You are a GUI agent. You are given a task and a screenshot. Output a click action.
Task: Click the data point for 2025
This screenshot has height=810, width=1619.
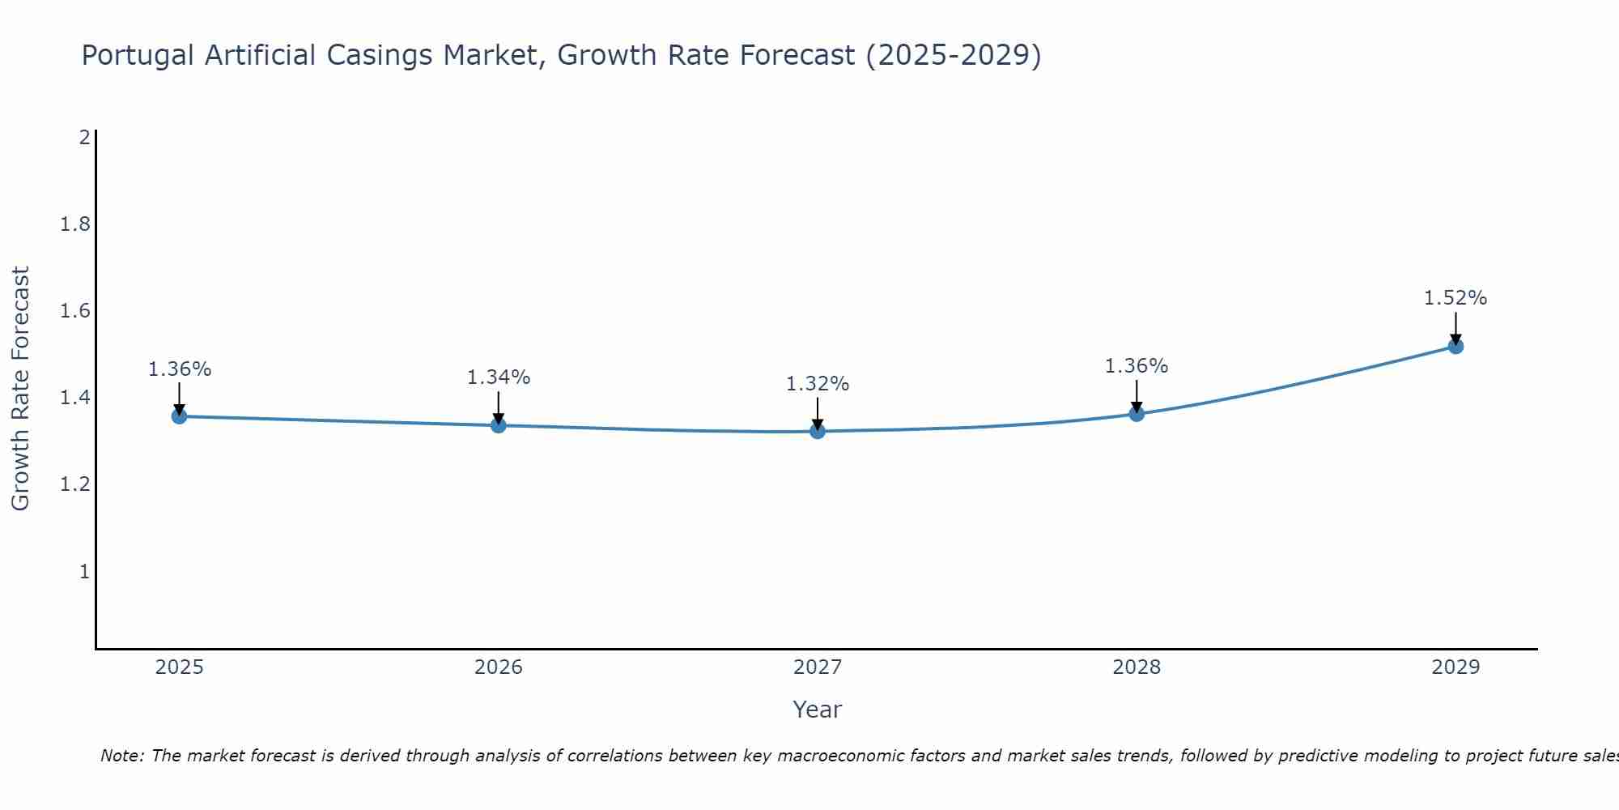(180, 416)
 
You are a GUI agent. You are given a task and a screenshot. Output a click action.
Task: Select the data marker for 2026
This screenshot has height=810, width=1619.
(499, 425)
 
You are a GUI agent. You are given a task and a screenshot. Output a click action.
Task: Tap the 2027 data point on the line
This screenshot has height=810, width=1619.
(818, 431)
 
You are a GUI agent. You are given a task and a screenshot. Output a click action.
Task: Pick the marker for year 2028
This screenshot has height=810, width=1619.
(1137, 414)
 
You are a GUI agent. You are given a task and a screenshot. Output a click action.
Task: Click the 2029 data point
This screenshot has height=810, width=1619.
(1455, 347)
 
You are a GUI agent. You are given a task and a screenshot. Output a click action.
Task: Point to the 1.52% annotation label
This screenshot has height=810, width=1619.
(1455, 298)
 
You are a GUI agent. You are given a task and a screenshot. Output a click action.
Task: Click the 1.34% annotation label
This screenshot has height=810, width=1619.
(499, 377)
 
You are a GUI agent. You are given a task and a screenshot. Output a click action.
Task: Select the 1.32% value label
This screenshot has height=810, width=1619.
(818, 384)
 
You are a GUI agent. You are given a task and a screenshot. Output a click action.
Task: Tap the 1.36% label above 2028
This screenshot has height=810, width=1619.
(1137, 366)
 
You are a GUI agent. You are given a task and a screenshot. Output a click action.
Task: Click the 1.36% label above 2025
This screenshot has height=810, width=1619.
(180, 369)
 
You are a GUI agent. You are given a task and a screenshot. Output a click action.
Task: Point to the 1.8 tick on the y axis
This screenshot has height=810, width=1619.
(75, 224)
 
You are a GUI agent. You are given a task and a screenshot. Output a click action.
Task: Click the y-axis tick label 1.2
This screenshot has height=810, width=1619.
(75, 485)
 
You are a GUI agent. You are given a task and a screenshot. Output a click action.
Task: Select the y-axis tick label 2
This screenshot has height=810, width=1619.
(84, 138)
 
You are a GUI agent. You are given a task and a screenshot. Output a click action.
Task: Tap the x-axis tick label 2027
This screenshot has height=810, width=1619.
(818, 667)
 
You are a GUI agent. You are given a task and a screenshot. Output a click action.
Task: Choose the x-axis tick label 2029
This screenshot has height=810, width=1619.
(1455, 667)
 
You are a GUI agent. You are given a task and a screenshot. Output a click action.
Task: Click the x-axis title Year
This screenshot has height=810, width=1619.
(818, 710)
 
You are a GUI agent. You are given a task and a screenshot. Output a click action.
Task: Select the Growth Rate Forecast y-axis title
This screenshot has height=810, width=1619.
(20, 389)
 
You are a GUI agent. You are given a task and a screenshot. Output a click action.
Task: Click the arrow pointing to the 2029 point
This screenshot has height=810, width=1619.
(1455, 328)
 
